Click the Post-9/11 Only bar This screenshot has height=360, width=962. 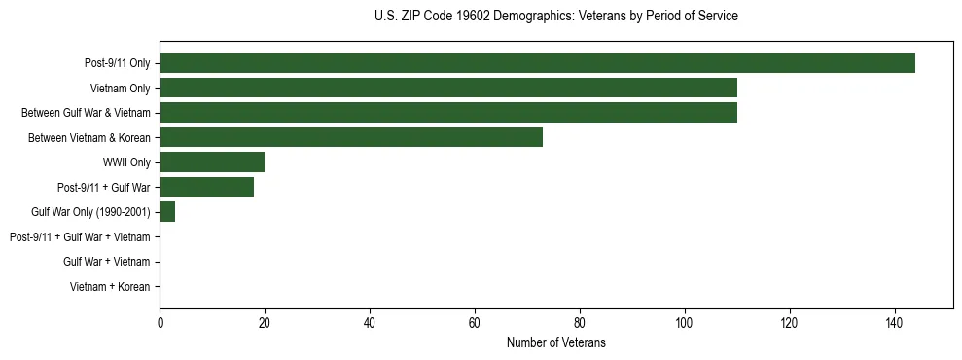(537, 63)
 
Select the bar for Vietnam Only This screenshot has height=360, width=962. (448, 88)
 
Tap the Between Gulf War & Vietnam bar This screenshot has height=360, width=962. (448, 113)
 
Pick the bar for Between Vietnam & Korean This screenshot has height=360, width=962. (351, 137)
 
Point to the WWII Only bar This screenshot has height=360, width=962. (212, 162)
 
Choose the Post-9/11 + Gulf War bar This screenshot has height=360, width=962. (206, 187)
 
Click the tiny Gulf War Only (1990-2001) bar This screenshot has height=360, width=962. (167, 212)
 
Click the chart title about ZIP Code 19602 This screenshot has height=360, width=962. (555, 17)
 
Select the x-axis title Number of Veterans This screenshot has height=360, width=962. (555, 342)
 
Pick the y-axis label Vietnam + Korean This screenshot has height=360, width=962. (110, 287)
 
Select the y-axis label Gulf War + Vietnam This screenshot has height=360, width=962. (106, 262)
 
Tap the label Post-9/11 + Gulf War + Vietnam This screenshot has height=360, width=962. (80, 237)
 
